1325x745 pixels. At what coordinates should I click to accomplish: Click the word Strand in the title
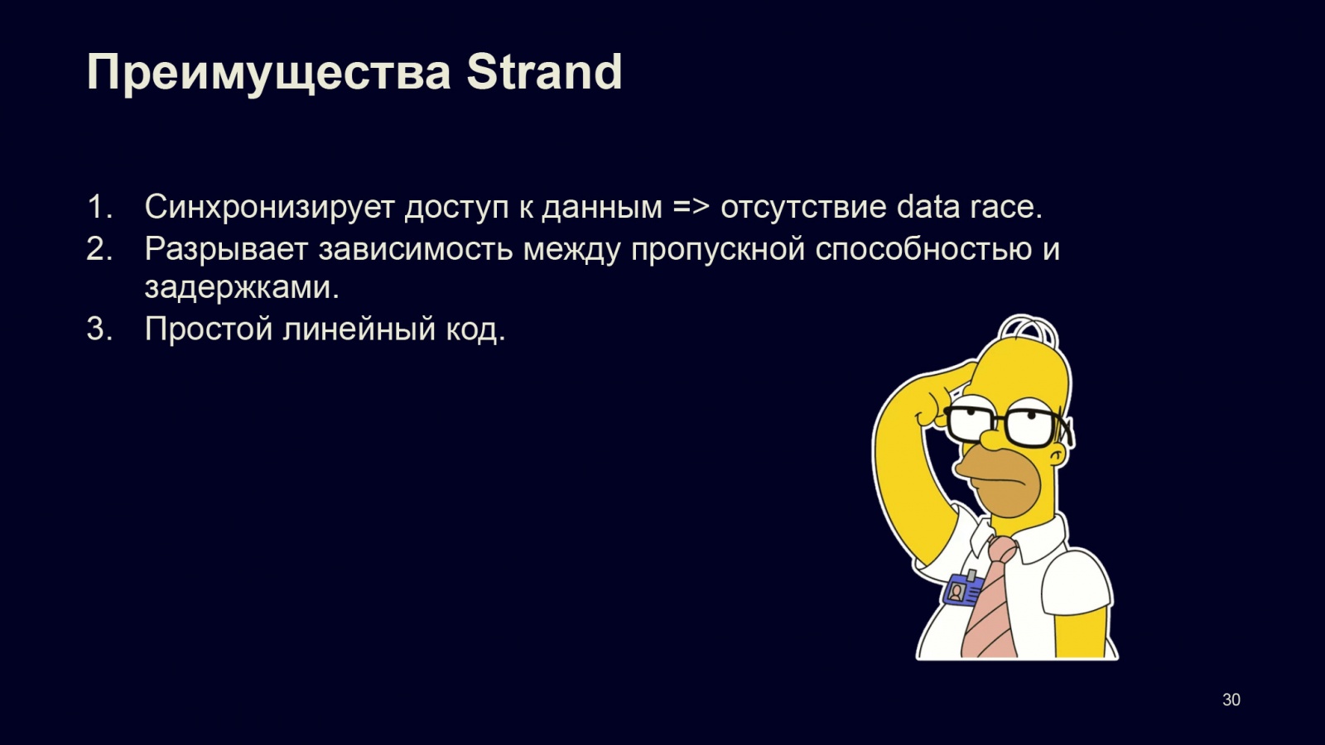pos(544,72)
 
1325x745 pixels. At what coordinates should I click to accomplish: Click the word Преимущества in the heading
pos(268,74)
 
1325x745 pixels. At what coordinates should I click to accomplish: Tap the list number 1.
pos(99,207)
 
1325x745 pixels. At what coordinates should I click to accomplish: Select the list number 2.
pos(99,248)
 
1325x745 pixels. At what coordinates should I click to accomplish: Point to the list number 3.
pos(99,328)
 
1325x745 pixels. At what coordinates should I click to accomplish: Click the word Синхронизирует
pos(269,208)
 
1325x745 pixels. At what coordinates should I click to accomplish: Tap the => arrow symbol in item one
pos(691,208)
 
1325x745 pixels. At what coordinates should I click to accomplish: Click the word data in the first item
pos(927,207)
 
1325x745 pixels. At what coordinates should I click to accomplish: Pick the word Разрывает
pos(226,249)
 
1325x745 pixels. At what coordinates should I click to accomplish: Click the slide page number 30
pos(1231,699)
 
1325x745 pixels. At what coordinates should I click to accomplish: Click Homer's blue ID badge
pos(961,589)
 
